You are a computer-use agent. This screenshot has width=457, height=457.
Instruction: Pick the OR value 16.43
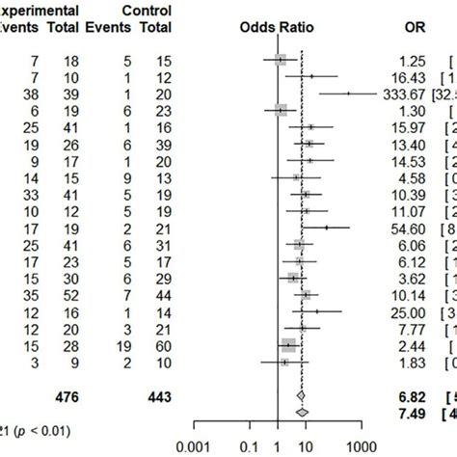(x=410, y=76)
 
